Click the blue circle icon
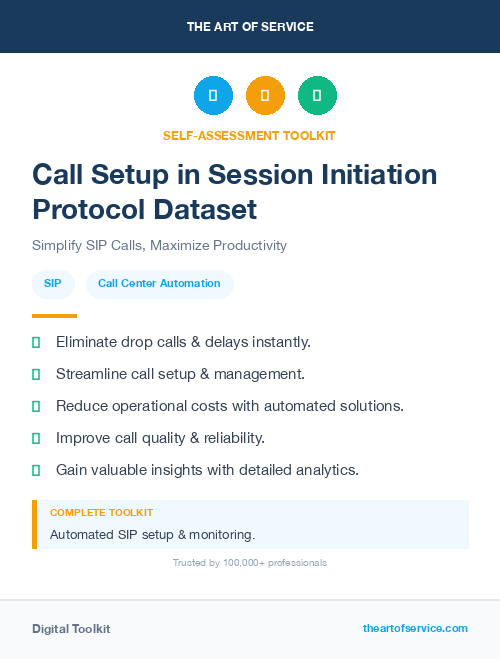tap(213, 96)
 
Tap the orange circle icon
tap(265, 96)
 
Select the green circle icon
tap(317, 96)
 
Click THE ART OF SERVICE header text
tap(250, 27)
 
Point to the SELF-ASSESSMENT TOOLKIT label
tap(249, 135)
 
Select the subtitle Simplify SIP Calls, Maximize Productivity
tap(159, 245)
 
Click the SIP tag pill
tap(53, 284)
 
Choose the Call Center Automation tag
tap(159, 284)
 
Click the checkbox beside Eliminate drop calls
tap(36, 342)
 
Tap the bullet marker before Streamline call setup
tap(36, 374)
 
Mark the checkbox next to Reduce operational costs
tap(36, 406)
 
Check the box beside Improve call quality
tap(36, 438)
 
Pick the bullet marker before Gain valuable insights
tap(36, 470)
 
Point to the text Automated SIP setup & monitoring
tap(152, 534)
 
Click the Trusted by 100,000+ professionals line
tap(249, 563)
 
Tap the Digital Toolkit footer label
tap(71, 629)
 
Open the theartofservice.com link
tap(415, 628)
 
